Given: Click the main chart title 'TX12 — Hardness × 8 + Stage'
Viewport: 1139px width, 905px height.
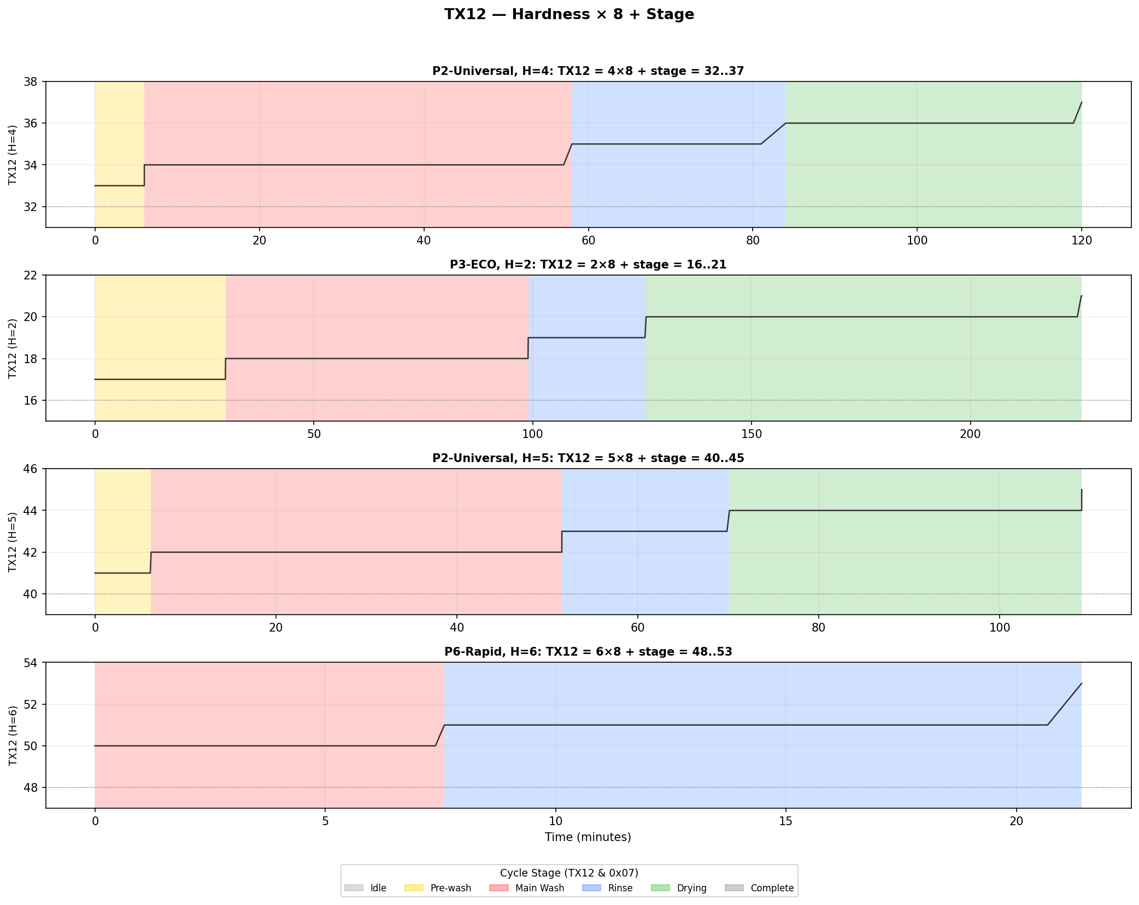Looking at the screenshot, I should click(569, 15).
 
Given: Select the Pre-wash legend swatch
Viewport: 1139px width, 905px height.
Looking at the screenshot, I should click(414, 888).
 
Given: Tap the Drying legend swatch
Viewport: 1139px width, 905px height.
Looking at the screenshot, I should click(660, 888).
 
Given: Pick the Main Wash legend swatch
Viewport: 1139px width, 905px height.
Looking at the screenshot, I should click(498, 888).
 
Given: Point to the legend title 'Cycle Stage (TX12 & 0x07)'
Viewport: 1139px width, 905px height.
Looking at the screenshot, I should click(569, 873).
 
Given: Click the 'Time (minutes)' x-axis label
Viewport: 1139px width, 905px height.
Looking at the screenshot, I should click(588, 837).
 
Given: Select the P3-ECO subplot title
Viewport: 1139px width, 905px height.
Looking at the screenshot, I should click(588, 265).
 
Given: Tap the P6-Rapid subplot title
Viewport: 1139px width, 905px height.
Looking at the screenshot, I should click(588, 652).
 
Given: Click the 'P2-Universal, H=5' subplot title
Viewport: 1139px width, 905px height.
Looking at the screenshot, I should click(588, 458).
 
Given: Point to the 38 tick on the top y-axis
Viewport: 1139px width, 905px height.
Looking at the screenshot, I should click(31, 82).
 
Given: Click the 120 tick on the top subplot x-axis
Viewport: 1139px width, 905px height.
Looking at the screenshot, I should click(1082, 241).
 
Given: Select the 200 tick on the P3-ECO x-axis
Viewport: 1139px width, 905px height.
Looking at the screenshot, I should click(970, 434).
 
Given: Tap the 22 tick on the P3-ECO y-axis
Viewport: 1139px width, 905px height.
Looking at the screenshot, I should click(31, 275).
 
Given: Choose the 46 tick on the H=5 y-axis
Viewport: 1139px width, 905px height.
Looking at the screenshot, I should click(31, 469).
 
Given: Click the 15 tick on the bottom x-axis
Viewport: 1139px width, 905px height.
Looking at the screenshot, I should click(785, 821).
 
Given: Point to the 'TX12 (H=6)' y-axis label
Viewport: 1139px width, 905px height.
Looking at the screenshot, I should click(13, 735).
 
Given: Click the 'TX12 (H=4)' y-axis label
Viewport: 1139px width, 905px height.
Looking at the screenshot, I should click(13, 155).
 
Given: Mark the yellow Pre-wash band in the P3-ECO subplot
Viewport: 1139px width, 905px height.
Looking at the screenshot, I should click(160, 328).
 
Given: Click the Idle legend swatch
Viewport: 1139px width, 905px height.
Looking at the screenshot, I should click(354, 888).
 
